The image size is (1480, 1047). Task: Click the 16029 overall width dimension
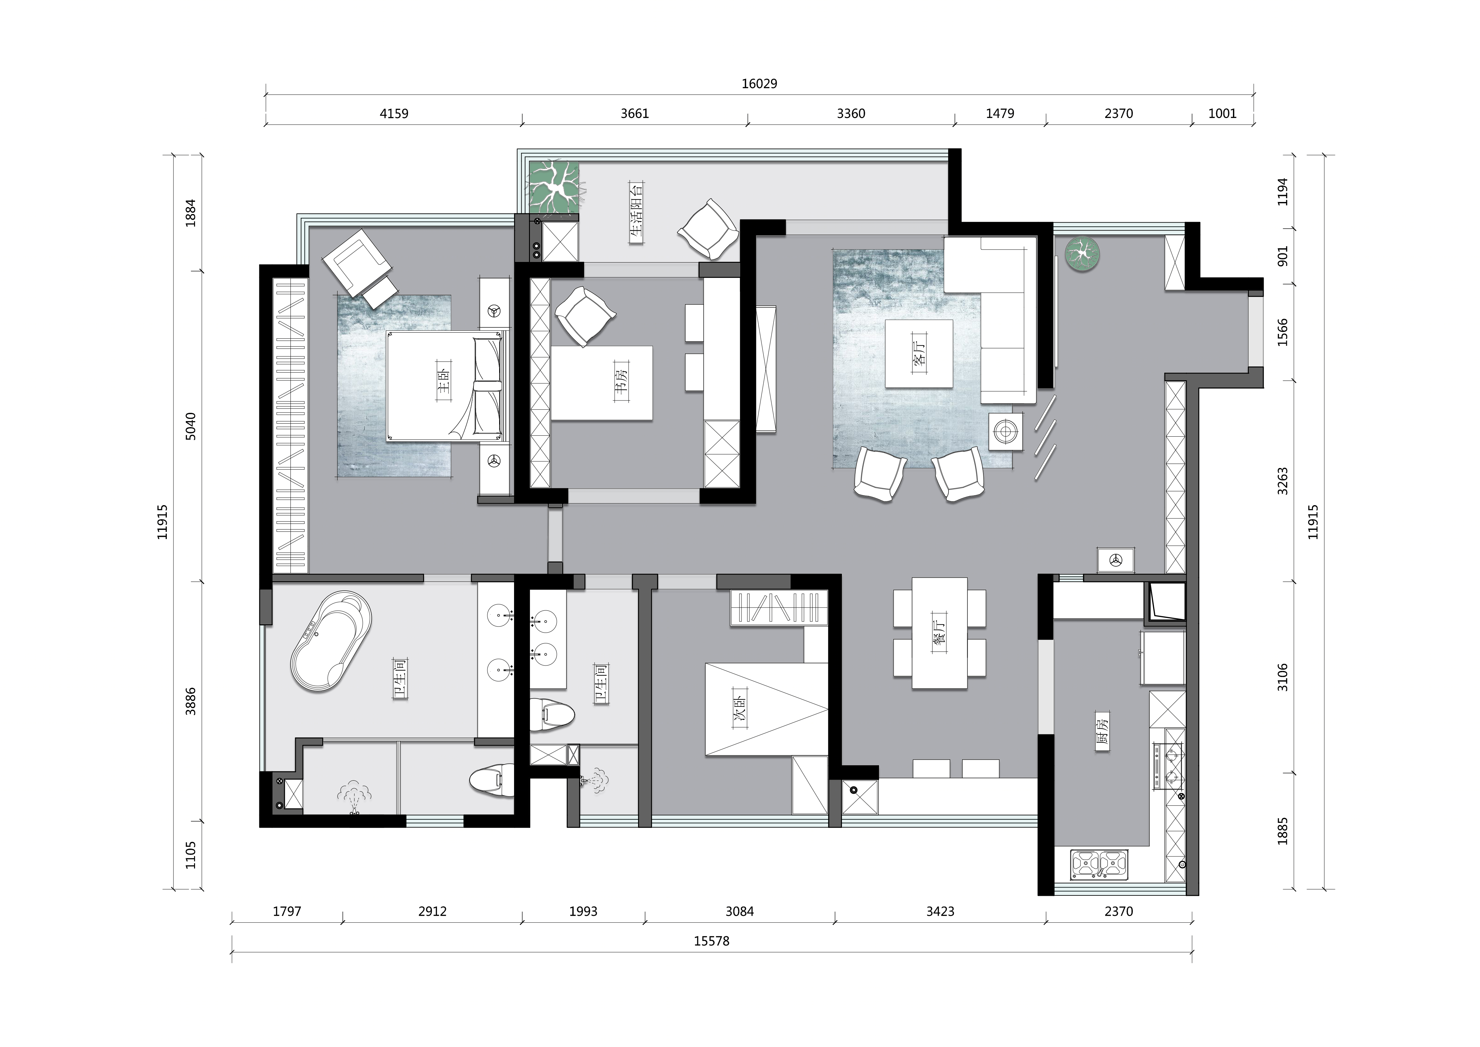(759, 84)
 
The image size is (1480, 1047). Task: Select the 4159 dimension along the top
(394, 114)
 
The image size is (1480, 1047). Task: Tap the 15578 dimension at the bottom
(712, 941)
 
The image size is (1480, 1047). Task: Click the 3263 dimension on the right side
(1283, 482)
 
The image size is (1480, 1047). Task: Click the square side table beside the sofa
(1006, 431)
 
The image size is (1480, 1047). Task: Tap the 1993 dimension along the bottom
(584, 912)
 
